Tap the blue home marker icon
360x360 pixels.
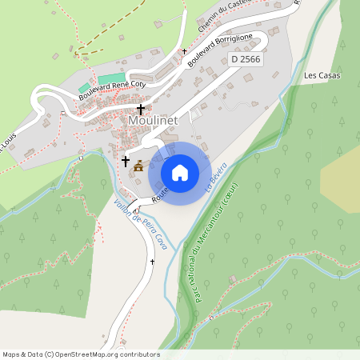click(180, 172)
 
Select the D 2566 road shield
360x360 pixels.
click(246, 59)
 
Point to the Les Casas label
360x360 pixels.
click(322, 76)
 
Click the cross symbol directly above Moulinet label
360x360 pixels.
click(141, 109)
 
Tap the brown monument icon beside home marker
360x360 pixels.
click(139, 166)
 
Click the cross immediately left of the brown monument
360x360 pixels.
click(125, 161)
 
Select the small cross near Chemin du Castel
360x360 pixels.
click(184, 50)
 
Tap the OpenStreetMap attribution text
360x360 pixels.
click(81, 354)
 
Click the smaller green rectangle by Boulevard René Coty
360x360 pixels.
click(84, 86)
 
